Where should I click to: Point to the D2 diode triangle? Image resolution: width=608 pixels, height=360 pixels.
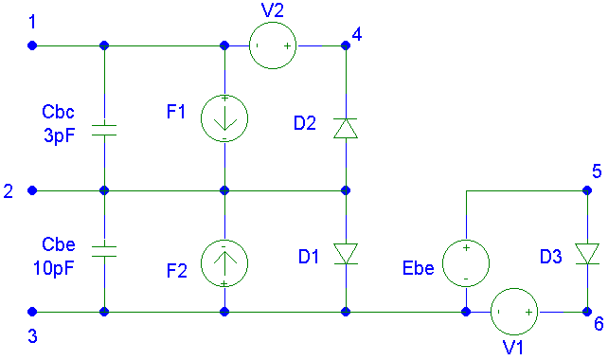(x=346, y=128)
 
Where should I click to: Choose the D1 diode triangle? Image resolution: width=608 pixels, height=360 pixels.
(x=346, y=254)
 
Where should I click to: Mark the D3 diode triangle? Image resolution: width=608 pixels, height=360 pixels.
(x=587, y=254)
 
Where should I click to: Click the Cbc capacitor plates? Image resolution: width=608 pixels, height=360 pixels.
(x=104, y=131)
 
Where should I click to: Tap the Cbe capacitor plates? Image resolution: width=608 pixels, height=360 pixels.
(x=104, y=251)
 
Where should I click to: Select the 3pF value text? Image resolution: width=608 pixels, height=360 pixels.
(x=60, y=135)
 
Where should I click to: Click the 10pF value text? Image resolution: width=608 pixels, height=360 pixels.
(x=54, y=268)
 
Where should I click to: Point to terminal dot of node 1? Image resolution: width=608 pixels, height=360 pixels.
(x=32, y=45)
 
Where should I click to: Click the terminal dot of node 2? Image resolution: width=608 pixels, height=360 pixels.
(x=32, y=190)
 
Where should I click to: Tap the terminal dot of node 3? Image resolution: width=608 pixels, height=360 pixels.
(x=32, y=312)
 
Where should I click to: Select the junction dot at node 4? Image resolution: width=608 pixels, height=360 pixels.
(x=346, y=45)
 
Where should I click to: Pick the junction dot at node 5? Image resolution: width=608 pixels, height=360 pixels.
(x=587, y=190)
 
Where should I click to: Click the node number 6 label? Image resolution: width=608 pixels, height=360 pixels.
(x=599, y=324)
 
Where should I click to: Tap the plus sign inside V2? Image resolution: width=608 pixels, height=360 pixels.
(x=287, y=46)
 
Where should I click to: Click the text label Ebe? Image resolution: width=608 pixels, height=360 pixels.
(x=418, y=268)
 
